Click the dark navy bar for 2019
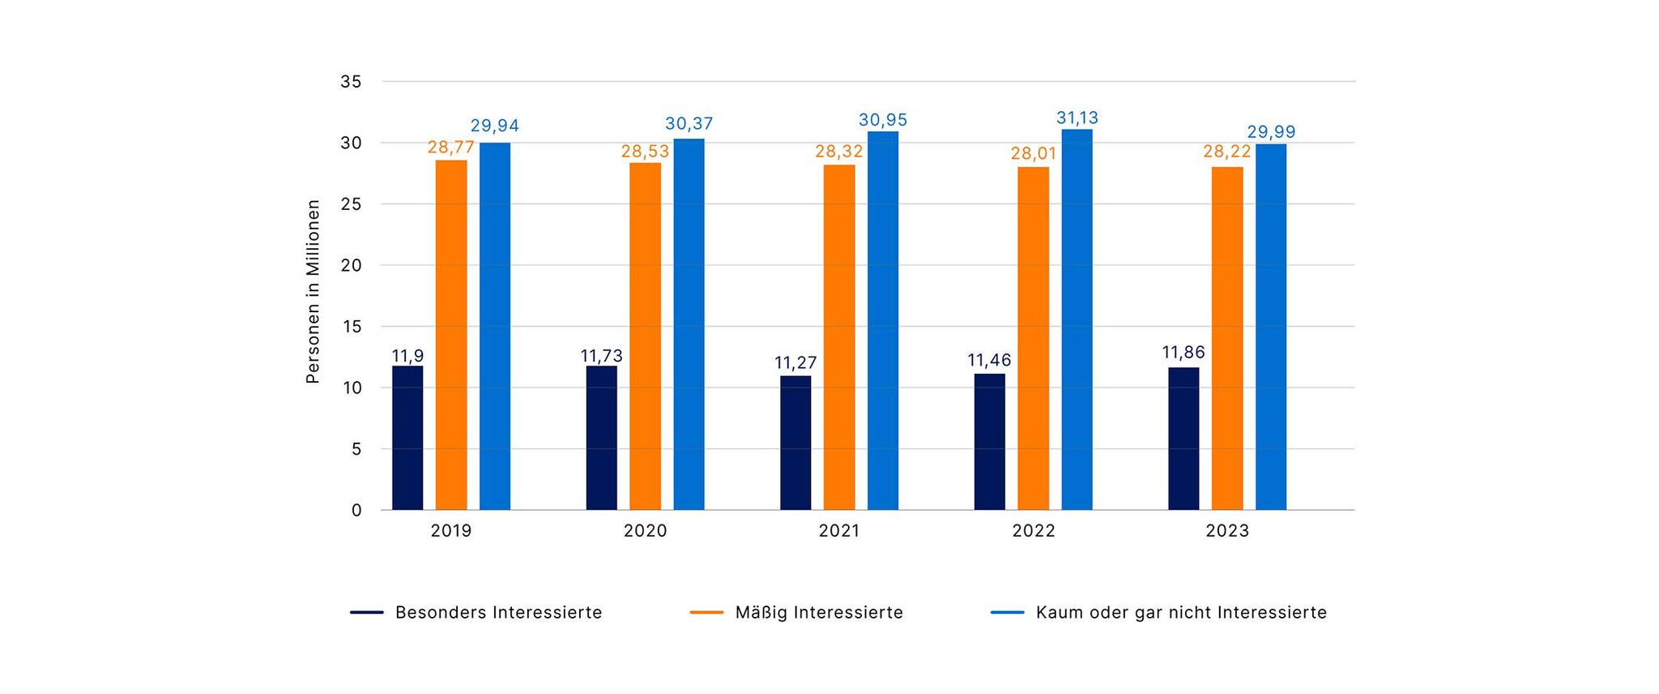click(407, 438)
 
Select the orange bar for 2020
click(645, 336)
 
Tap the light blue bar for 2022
click(1077, 319)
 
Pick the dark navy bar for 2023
click(1183, 439)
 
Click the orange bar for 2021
click(839, 337)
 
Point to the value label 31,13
click(1077, 118)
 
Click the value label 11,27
click(795, 362)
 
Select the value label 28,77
click(450, 148)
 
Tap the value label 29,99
click(1271, 132)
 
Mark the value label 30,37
click(689, 124)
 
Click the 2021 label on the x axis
click(839, 531)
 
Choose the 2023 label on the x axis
click(1227, 531)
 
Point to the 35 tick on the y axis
click(351, 82)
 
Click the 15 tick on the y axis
click(351, 327)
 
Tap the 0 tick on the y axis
click(356, 511)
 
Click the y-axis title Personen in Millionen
click(313, 292)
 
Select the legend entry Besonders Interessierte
click(498, 613)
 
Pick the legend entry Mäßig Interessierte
click(818, 613)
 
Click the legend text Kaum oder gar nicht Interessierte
click(1181, 613)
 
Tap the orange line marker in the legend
click(706, 613)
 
